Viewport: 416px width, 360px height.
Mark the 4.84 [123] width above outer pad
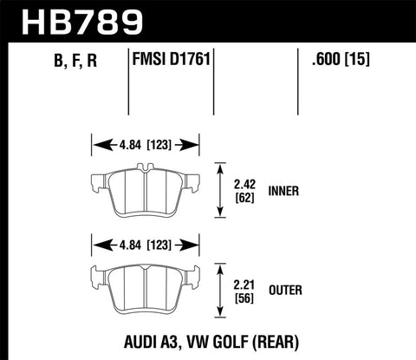tap(146, 244)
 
